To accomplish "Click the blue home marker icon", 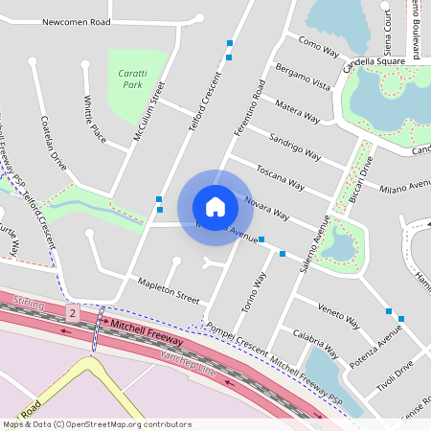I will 215,206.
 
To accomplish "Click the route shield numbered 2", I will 72,313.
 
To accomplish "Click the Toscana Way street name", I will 280,176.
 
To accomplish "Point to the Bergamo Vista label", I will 302,78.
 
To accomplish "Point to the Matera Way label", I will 297,110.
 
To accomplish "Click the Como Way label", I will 319,46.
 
